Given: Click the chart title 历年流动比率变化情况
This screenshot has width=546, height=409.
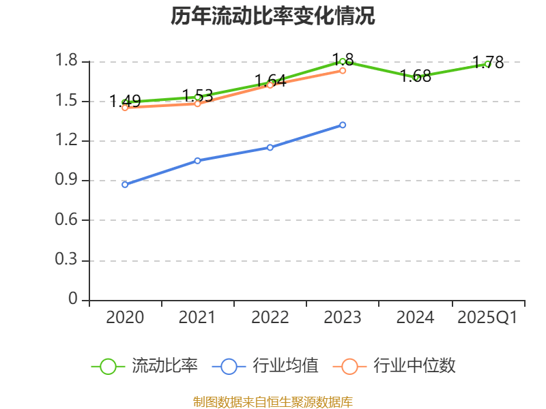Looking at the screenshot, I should [x=273, y=16].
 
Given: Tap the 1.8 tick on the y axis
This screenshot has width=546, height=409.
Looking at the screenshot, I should [x=68, y=62].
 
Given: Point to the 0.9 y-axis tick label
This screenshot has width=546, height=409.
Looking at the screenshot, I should [x=68, y=181].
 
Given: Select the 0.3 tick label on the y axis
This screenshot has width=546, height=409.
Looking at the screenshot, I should [x=68, y=260].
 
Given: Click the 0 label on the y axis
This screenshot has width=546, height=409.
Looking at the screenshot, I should [x=74, y=300].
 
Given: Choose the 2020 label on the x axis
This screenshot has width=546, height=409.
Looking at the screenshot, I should [x=125, y=318].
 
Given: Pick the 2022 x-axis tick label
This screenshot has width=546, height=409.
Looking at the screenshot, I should [x=270, y=318].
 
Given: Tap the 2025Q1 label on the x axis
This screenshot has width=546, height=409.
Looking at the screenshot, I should [x=487, y=318].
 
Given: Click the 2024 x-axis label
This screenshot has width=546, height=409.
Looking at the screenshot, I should [x=415, y=318].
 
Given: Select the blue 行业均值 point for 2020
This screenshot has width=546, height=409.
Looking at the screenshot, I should [x=125, y=184].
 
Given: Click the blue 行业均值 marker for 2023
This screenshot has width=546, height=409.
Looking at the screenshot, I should [x=343, y=125].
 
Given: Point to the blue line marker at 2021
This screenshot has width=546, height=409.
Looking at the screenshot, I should [x=197, y=160].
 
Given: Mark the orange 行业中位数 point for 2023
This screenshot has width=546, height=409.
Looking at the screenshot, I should [x=343, y=70].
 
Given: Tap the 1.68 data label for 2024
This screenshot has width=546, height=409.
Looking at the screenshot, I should [x=416, y=76].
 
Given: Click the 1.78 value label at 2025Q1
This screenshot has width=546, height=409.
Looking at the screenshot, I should [x=489, y=63].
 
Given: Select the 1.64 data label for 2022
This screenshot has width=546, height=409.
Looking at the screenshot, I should [x=270, y=80].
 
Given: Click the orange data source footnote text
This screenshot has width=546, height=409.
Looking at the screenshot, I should [x=273, y=402].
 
